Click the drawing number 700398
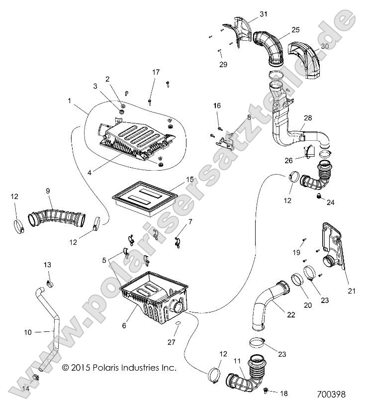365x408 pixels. (x=331, y=394)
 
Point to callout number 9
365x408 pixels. (x=48, y=190)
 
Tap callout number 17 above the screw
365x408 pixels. (x=156, y=73)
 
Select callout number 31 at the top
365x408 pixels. (x=263, y=14)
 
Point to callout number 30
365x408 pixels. (x=325, y=46)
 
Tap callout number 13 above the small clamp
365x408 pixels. (x=48, y=264)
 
